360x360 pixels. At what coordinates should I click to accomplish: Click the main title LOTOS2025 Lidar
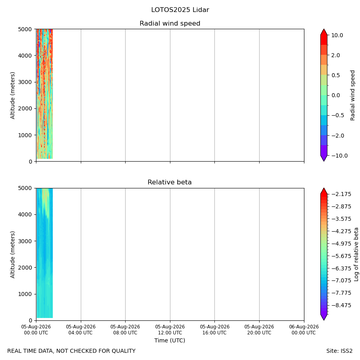pyautogui.click(x=180, y=10)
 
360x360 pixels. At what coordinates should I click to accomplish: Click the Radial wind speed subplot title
pyautogui.click(x=170, y=24)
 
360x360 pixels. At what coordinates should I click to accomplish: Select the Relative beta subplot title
pyautogui.click(x=170, y=182)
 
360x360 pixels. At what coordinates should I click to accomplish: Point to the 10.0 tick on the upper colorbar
pyautogui.click(x=337, y=35)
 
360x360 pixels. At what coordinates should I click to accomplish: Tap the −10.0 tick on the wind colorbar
pyautogui.click(x=340, y=156)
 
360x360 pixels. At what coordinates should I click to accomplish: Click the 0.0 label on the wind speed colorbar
pyautogui.click(x=336, y=95)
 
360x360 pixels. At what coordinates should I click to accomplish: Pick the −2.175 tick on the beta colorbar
pyautogui.click(x=342, y=194)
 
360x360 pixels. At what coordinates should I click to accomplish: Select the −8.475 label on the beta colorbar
pyautogui.click(x=342, y=305)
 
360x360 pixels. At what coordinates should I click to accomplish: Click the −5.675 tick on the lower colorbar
pyautogui.click(x=342, y=256)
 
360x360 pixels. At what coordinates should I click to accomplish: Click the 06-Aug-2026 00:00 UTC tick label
pyautogui.click(x=304, y=330)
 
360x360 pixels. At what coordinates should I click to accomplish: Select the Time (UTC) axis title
pyautogui.click(x=170, y=340)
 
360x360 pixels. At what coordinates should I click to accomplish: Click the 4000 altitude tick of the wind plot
pyautogui.click(x=25, y=56)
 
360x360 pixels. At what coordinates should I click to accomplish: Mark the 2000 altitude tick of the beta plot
pyautogui.click(x=25, y=268)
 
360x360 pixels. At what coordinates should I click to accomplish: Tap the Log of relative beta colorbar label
pyautogui.click(x=356, y=254)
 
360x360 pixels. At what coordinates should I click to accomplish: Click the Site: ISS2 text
pyautogui.click(x=339, y=351)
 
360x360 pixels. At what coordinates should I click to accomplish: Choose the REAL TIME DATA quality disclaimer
pyautogui.click(x=72, y=351)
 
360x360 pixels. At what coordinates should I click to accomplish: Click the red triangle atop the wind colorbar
pyautogui.click(x=324, y=32)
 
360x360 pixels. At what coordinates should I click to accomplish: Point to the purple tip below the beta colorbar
pyautogui.click(x=324, y=317)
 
